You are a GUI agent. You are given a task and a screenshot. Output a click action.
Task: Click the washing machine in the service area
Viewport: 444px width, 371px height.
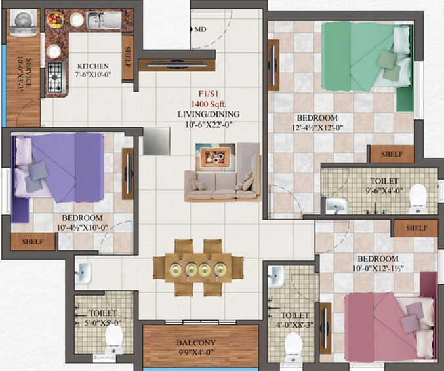[x=24, y=23]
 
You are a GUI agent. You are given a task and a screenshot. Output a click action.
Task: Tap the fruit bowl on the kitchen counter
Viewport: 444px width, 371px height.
[x=55, y=20]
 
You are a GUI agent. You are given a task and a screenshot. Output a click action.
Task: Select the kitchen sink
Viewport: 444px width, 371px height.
[x=104, y=20]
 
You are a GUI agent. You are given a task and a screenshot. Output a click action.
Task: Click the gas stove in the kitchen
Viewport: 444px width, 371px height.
[x=55, y=77]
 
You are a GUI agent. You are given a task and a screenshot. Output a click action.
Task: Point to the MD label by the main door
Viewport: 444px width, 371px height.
[x=200, y=29]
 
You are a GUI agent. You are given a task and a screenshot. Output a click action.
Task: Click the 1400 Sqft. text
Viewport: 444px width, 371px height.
[x=209, y=104]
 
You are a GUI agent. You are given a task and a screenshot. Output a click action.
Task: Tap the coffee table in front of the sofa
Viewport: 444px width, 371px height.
[x=216, y=157]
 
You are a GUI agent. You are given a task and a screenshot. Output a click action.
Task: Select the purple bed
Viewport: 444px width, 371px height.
[x=58, y=168]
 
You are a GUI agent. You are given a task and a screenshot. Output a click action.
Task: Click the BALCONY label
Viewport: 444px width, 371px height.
[x=196, y=343]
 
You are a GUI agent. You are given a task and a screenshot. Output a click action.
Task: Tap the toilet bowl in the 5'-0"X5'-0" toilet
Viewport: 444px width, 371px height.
[x=114, y=339]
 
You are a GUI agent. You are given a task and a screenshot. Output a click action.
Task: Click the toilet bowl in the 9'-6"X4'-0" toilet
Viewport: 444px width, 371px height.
[x=418, y=199]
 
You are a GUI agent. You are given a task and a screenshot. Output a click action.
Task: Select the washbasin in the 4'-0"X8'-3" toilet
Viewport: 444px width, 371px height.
[x=276, y=276]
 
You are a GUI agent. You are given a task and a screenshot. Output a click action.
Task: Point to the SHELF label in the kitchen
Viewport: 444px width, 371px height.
[x=128, y=57]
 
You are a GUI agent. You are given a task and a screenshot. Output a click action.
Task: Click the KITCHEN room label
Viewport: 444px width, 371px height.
[x=93, y=66]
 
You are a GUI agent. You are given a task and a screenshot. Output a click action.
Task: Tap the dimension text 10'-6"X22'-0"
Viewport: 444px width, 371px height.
[x=209, y=125]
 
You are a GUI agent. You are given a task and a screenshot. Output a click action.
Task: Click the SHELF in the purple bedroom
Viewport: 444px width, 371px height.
[x=33, y=242]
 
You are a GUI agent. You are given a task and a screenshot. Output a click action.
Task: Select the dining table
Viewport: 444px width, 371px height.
[x=198, y=267]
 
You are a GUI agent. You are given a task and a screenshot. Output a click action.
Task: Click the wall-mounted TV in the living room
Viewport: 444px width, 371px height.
[x=176, y=65]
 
